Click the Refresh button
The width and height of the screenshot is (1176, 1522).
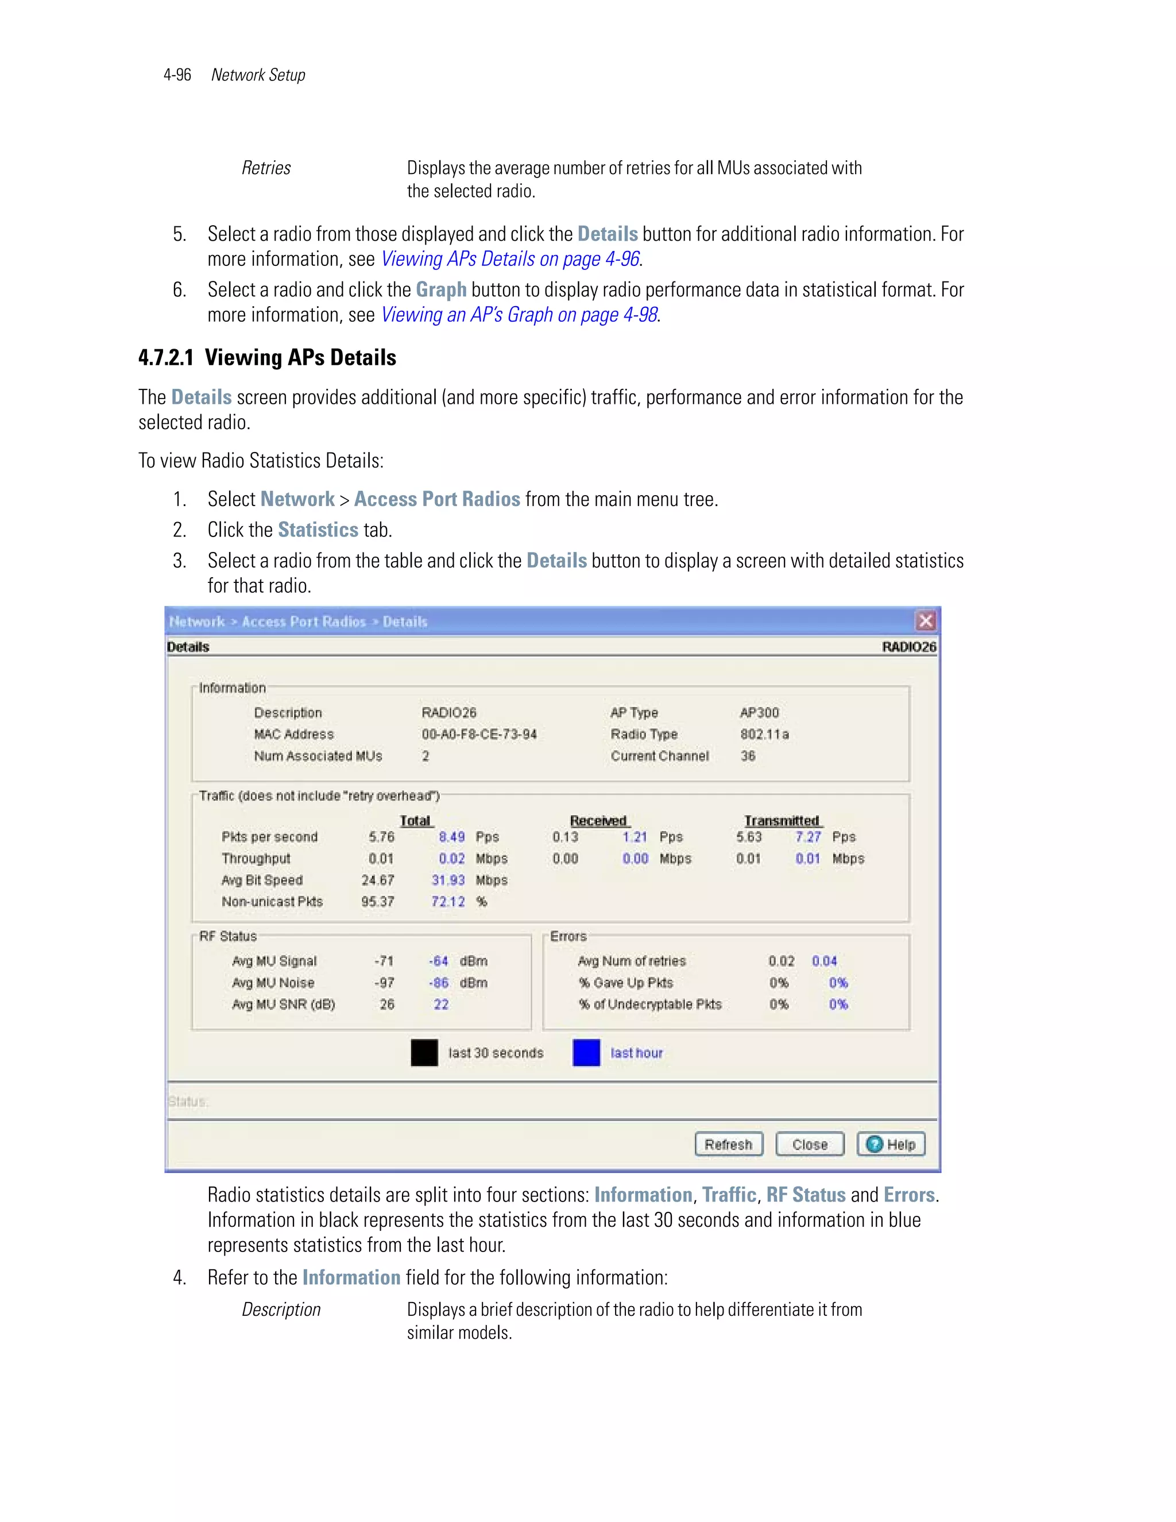point(728,1144)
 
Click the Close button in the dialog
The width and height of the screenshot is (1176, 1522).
point(810,1144)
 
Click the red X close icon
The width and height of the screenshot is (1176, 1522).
point(925,620)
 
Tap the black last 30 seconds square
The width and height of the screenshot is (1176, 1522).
point(424,1052)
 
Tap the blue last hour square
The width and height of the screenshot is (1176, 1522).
point(586,1052)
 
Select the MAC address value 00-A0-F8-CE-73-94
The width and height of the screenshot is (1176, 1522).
point(479,734)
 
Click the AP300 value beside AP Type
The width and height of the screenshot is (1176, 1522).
point(759,712)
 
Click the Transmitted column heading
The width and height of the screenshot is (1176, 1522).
point(782,820)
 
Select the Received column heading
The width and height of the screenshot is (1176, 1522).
point(598,820)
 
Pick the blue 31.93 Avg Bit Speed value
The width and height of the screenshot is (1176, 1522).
point(447,880)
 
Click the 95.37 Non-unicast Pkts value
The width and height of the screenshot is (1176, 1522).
point(378,902)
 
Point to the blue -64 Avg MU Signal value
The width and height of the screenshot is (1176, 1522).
point(438,961)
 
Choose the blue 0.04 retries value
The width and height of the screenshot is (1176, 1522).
point(824,961)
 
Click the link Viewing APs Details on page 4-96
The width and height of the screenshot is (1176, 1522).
point(510,259)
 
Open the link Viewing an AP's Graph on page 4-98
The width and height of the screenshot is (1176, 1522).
point(519,315)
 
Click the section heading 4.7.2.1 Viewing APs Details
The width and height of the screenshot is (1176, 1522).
point(267,357)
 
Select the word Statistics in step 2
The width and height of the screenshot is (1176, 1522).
point(318,530)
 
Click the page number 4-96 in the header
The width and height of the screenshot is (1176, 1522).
point(177,75)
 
